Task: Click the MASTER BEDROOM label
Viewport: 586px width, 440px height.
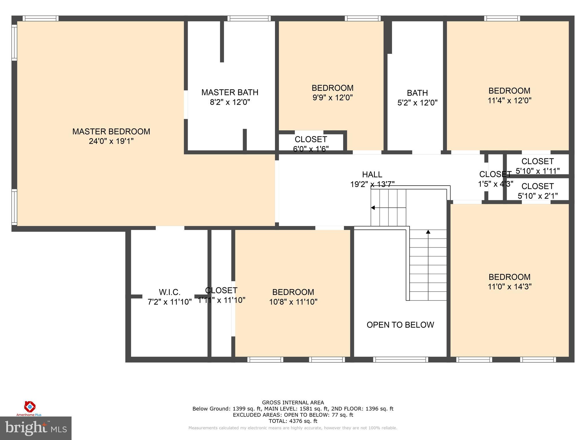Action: (x=111, y=131)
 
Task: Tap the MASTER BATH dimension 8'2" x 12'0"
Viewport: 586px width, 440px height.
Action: (x=230, y=102)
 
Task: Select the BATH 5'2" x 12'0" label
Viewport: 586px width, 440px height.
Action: (x=417, y=98)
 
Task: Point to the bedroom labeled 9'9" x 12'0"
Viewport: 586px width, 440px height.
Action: (x=332, y=93)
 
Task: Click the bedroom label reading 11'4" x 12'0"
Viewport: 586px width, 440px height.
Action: (x=509, y=95)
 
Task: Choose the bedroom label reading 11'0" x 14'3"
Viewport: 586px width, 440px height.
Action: (x=509, y=282)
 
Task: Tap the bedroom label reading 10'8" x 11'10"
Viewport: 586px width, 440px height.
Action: (x=293, y=297)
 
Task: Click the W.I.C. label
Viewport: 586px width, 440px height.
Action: (x=169, y=292)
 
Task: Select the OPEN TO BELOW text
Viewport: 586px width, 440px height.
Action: (x=400, y=325)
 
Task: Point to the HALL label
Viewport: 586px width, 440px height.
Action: (x=372, y=174)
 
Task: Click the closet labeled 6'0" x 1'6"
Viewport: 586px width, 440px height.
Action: (x=311, y=144)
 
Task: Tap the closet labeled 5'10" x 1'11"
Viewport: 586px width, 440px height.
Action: (x=537, y=166)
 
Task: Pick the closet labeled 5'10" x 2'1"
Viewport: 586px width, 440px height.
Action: (x=537, y=191)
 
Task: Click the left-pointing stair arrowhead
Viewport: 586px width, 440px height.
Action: (x=373, y=208)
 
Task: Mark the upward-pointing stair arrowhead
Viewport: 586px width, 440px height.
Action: (x=428, y=232)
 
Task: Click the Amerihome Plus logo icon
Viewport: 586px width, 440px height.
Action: (x=30, y=406)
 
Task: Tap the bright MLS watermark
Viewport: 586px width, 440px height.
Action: (x=35, y=428)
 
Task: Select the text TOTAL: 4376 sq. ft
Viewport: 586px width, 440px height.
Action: (x=293, y=421)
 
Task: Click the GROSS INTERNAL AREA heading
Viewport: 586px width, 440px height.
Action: (x=293, y=402)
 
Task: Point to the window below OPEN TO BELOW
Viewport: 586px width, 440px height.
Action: (x=401, y=360)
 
